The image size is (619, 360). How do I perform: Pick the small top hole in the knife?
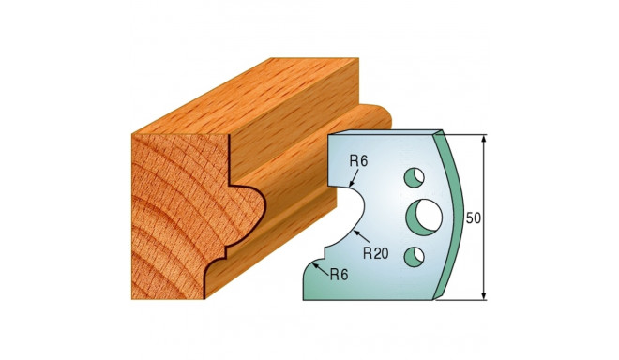412,176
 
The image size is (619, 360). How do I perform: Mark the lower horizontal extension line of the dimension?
464,301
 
